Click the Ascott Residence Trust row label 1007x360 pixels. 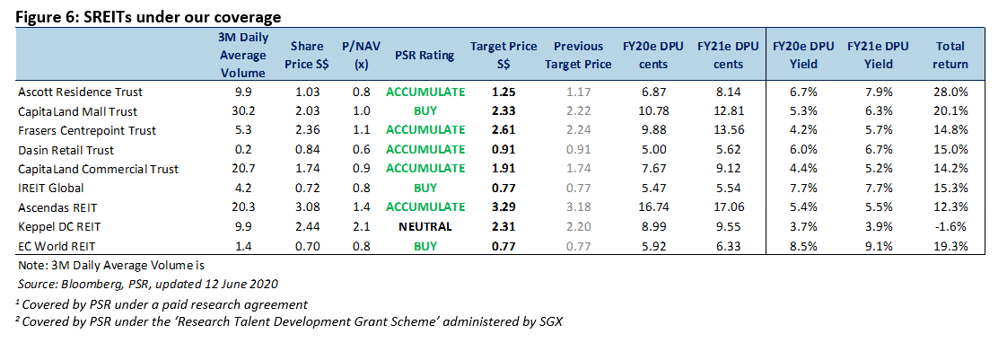coord(80,92)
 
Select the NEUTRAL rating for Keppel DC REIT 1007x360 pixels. coord(425,226)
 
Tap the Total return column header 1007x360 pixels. coord(950,56)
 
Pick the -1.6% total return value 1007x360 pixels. coord(950,226)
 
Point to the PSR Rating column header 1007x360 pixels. coord(425,56)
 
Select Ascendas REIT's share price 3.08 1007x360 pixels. coord(307,207)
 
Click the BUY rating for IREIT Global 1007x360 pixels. coord(425,189)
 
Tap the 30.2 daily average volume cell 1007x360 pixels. coord(243,111)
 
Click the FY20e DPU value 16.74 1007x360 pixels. coord(652,207)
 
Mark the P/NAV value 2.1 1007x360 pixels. coord(361,226)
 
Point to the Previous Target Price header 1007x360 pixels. coord(578,56)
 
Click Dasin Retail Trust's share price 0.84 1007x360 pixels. coord(307,150)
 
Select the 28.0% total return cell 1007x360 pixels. coord(950,92)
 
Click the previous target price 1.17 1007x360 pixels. coord(578,92)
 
